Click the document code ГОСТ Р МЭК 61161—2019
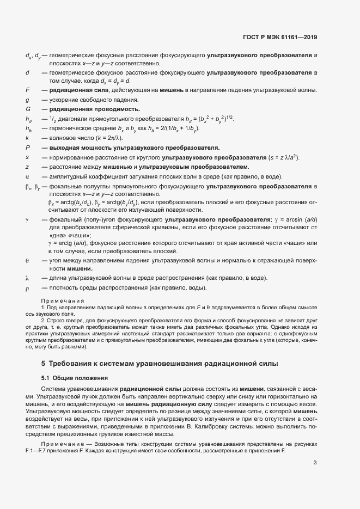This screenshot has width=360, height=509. (x=280, y=38)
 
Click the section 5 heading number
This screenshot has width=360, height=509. (x=44, y=363)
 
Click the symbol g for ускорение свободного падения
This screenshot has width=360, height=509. (x=27, y=100)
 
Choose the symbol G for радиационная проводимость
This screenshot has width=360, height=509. (x=27, y=109)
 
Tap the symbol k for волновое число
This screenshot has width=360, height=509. (x=27, y=138)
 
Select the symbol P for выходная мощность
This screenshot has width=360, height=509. (x=27, y=148)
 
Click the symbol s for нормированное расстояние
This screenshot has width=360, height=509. (x=27, y=157)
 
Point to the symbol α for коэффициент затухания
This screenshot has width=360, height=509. (x=27, y=176)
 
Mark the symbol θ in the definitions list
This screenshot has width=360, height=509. (x=27, y=261)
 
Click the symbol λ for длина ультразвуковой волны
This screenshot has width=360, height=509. (x=27, y=278)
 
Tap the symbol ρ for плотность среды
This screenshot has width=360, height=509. (x=27, y=288)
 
